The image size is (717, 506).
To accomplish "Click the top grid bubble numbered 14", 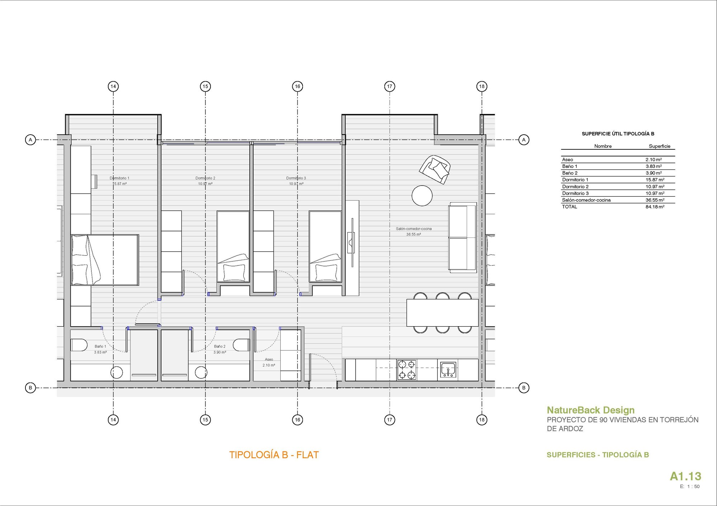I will point(113,86).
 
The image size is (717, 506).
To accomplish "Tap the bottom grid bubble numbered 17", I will point(390,420).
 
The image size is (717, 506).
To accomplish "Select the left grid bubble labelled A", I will point(30,140).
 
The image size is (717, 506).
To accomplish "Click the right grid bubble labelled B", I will point(524,387).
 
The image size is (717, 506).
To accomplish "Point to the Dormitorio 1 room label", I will point(119,178).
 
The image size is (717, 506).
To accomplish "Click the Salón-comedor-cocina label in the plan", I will point(414,228).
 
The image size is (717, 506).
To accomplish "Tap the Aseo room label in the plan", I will point(269,359).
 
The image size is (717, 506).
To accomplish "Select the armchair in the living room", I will point(435,169).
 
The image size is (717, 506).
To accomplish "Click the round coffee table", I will point(422,196).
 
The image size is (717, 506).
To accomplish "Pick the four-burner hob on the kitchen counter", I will point(407,370).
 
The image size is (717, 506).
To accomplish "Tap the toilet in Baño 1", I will point(79,345).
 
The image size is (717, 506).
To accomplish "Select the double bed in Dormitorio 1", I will point(105,260).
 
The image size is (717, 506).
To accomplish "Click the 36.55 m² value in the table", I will point(655,200).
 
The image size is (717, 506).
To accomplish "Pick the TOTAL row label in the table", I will point(570,207).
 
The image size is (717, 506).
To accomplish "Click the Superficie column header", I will point(659,146).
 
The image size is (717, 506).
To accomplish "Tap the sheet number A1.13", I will point(685,476).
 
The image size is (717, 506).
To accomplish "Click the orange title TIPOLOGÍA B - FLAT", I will point(274,455).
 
